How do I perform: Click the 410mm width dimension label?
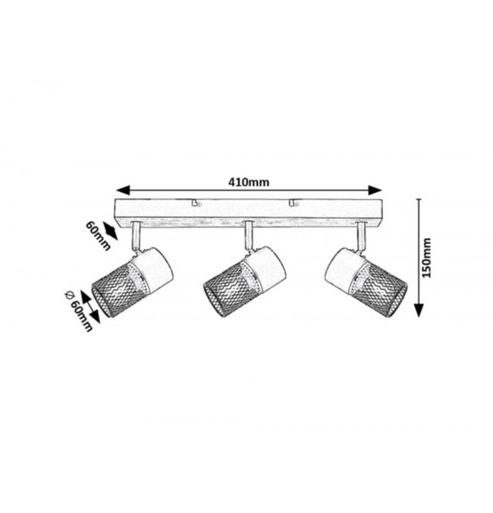249,182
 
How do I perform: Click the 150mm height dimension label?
426,258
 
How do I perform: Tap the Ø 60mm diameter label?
79,311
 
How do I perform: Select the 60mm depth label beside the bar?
98,236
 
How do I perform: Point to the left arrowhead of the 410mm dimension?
123,190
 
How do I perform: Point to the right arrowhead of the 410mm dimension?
375,190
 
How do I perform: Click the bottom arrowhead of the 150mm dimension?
419,310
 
